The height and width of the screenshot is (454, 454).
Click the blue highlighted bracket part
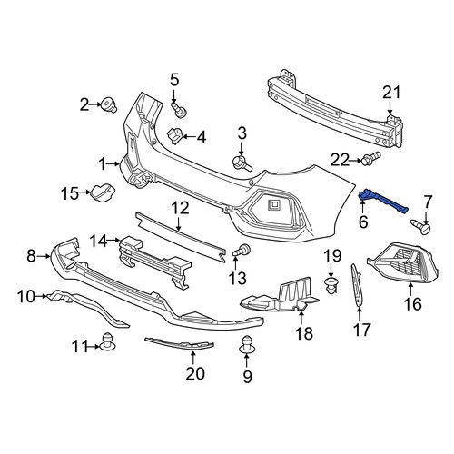point(382,200)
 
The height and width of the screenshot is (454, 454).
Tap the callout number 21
point(391,93)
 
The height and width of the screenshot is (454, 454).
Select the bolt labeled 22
point(371,157)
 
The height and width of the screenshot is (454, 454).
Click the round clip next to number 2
point(109,104)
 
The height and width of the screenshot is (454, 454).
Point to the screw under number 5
point(179,110)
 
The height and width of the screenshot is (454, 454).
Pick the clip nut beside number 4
point(175,135)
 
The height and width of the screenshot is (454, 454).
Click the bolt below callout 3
point(242,163)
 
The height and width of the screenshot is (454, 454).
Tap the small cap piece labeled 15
point(102,192)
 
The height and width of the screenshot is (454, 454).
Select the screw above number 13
point(242,251)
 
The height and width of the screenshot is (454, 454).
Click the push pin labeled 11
point(107,341)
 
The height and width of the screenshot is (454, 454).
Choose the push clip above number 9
point(247,345)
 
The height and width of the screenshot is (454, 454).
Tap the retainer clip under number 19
point(331,285)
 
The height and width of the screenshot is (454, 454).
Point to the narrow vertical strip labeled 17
point(357,285)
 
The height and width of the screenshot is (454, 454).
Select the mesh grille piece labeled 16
point(404,262)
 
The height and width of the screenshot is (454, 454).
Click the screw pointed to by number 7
point(420,226)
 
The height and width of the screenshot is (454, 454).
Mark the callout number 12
point(180,208)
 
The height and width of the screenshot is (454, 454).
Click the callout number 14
point(98,242)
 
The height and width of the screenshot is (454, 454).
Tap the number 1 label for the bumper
point(103,164)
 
